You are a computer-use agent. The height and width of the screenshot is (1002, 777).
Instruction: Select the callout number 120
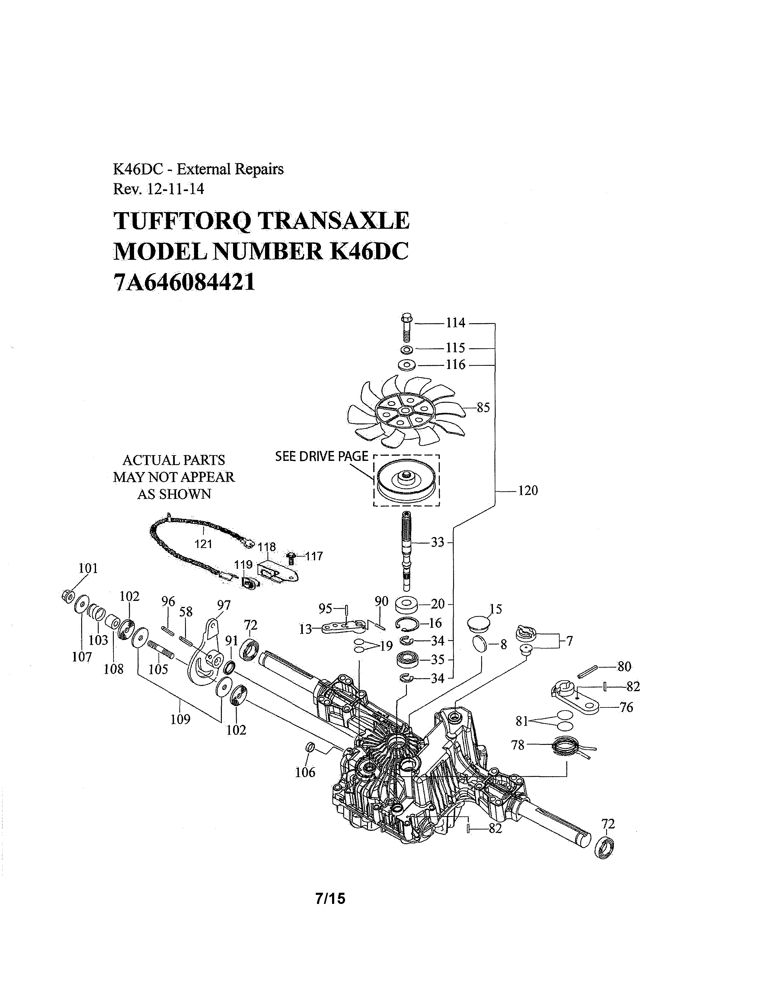tap(527, 490)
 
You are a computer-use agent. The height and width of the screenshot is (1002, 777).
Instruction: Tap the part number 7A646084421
tap(184, 282)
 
